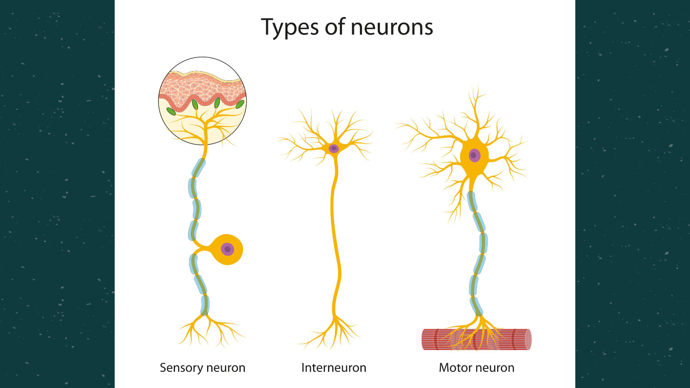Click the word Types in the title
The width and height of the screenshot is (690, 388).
[290, 27]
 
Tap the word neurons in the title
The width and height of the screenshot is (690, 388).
[392, 27]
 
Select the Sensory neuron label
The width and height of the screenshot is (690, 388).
[202, 368]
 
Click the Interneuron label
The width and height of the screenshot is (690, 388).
[333, 368]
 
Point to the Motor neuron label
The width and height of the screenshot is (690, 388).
[477, 368]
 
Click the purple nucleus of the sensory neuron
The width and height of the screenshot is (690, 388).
[227, 249]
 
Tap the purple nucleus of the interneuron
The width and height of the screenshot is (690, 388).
[333, 148]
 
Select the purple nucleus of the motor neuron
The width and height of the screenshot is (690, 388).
[474, 155]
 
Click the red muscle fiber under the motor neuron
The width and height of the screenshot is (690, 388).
[476, 339]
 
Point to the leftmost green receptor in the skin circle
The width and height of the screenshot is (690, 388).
[171, 112]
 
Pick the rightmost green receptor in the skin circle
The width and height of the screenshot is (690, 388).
[240, 104]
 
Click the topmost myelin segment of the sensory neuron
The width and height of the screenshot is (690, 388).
[198, 168]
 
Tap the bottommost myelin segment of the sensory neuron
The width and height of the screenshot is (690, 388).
[205, 305]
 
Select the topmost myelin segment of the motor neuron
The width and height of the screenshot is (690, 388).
[472, 201]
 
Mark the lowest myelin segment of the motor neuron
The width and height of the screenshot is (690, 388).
[476, 306]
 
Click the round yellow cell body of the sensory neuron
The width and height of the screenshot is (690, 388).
[227, 250]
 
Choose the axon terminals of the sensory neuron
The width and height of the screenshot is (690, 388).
[209, 331]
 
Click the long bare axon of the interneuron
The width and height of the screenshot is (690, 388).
[336, 237]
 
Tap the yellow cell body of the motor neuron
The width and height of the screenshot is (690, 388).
[474, 158]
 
